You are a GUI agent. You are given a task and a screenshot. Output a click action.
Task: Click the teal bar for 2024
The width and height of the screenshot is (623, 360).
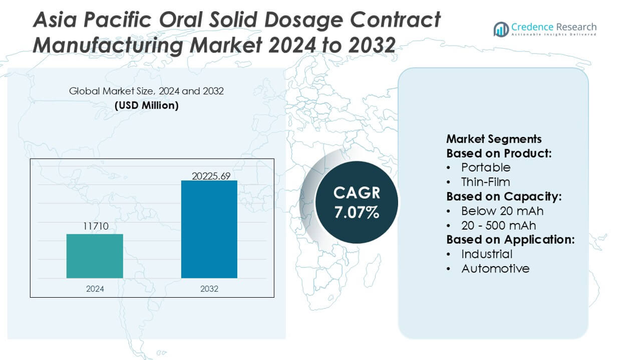coord(95,256)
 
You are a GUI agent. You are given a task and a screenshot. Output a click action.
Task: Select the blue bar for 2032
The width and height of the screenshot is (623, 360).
coord(209,229)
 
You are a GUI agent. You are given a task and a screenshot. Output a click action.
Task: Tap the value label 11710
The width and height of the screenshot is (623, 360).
coord(95,226)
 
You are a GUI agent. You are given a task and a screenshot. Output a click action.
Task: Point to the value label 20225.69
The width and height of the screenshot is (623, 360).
coord(211,176)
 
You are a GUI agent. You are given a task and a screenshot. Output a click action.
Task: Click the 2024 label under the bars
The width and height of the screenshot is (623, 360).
coord(95,288)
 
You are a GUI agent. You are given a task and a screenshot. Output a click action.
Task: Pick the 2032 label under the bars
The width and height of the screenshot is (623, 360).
coord(209,288)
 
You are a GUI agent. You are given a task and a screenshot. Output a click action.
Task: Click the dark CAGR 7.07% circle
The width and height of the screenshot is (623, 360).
coord(356,202)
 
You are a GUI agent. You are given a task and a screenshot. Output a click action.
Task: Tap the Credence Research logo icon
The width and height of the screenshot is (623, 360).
coord(501,29)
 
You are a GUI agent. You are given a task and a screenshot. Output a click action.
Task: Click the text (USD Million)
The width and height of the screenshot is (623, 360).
coord(146,106)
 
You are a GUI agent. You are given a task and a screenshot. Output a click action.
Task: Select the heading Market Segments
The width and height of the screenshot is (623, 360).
coord(494,139)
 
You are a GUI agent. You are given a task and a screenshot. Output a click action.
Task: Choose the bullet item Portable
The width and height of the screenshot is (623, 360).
coord(486,168)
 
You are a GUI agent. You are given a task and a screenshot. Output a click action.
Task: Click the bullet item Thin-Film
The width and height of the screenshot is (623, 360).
coord(486,182)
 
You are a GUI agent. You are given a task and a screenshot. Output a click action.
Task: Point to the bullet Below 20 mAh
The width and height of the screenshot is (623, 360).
coord(502,211)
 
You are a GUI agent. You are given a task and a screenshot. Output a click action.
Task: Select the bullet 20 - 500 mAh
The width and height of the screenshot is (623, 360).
coord(499,226)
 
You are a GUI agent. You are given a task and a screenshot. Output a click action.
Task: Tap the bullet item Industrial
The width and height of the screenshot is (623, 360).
coord(487,254)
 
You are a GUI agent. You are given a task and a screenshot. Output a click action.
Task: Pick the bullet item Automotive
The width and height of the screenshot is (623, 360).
coord(495,268)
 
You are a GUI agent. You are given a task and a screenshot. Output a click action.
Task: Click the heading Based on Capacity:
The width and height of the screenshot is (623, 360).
coord(504,197)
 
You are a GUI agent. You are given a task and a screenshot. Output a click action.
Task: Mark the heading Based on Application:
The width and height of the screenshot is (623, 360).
coord(510,240)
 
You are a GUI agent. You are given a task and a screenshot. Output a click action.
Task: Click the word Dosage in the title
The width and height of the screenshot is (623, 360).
coord(304,20)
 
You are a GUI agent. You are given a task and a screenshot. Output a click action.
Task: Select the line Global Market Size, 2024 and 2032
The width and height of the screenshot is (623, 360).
coord(146,91)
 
